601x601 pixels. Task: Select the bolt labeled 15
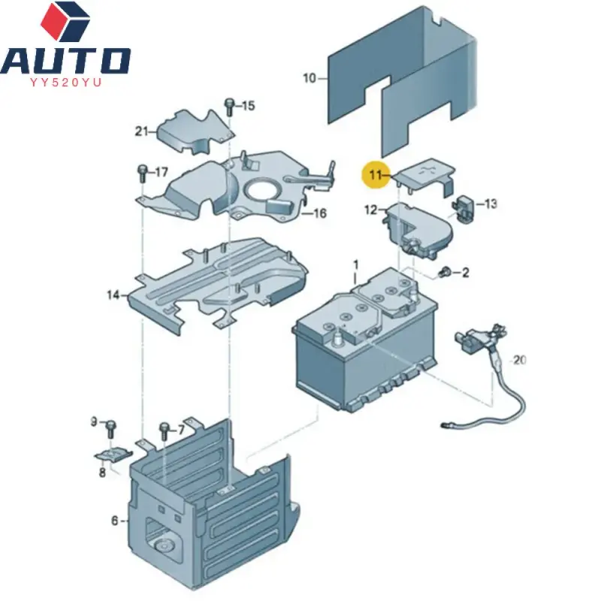tap(229, 106)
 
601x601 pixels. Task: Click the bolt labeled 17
tap(141, 172)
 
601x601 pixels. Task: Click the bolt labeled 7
tap(164, 431)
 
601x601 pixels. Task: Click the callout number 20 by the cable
tap(519, 360)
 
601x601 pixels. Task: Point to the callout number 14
tap(113, 295)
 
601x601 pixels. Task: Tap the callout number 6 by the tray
tap(115, 520)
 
